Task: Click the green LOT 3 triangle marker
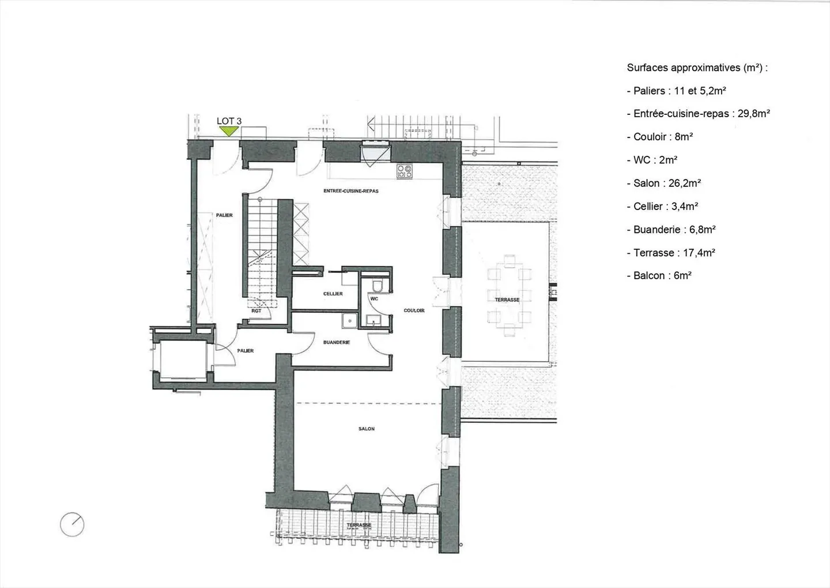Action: pyautogui.click(x=229, y=131)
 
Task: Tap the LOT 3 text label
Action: pyautogui.click(x=229, y=121)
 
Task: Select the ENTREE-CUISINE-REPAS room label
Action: pyautogui.click(x=350, y=191)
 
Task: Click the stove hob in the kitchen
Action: pyautogui.click(x=404, y=171)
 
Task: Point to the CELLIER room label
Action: pyautogui.click(x=333, y=294)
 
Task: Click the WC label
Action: pyautogui.click(x=374, y=299)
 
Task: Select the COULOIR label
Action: pyautogui.click(x=414, y=310)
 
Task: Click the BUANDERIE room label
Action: pyautogui.click(x=337, y=342)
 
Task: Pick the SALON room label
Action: pyautogui.click(x=367, y=429)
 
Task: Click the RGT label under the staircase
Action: pyautogui.click(x=256, y=311)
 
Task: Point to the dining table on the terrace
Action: pyautogui.click(x=508, y=294)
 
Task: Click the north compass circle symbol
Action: pyautogui.click(x=72, y=525)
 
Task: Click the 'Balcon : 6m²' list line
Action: pyautogui.click(x=659, y=275)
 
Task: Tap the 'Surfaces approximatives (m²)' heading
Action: pyautogui.click(x=697, y=68)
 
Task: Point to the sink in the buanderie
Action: pyautogui.click(x=348, y=320)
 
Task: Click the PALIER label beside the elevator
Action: pyautogui.click(x=246, y=351)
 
